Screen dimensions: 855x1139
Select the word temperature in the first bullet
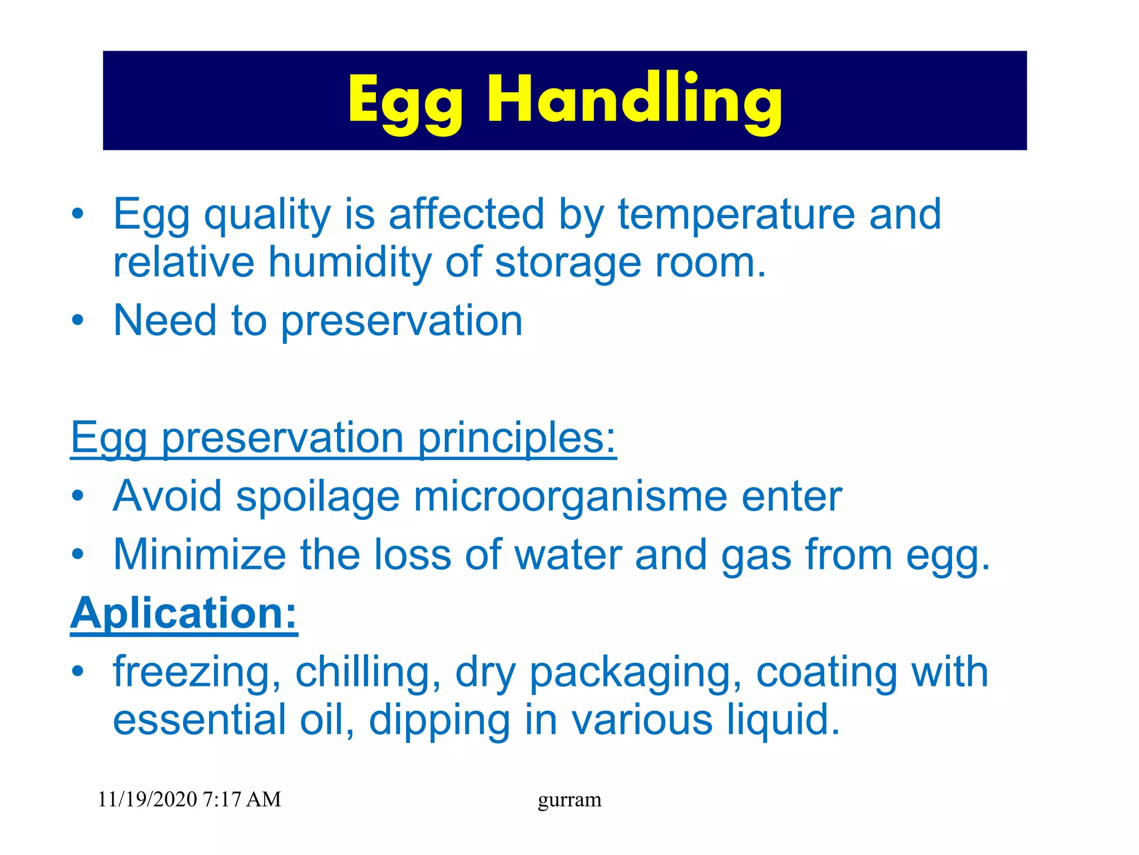(736, 214)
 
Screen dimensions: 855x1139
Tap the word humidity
(350, 262)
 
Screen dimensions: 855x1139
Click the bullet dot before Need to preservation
(78, 321)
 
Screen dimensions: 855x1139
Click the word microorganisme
(570, 497)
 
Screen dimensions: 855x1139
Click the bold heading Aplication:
(184, 613)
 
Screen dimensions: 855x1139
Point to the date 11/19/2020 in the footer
(147, 799)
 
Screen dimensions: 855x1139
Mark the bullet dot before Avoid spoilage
(78, 496)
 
